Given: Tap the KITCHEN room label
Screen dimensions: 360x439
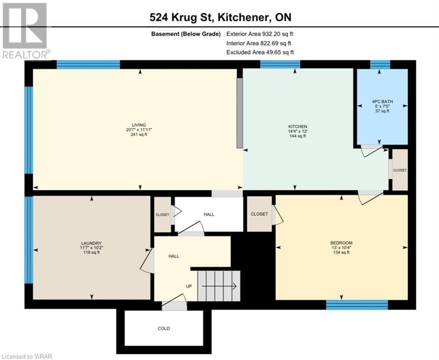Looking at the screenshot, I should pyautogui.click(x=298, y=127).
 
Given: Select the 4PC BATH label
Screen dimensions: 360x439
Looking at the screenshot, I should pyautogui.click(x=382, y=101).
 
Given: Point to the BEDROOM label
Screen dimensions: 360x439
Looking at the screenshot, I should pyautogui.click(x=341, y=243).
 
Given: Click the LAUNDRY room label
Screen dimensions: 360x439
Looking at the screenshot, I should pyautogui.click(x=91, y=243).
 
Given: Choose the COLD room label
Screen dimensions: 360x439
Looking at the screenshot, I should pyautogui.click(x=164, y=329).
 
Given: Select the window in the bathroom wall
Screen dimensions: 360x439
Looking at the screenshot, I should pyautogui.click(x=380, y=65).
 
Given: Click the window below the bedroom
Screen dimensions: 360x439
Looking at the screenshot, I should pyautogui.click(x=357, y=305).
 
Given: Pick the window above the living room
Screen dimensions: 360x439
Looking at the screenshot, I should pyautogui.click(x=88, y=64).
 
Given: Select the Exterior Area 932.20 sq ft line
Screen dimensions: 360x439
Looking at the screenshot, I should pyautogui.click(x=260, y=34).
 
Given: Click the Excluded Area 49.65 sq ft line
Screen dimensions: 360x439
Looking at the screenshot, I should pyautogui.click(x=260, y=52).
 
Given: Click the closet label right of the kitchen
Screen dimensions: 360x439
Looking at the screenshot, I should pyautogui.click(x=400, y=170).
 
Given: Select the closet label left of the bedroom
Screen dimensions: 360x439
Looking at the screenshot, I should pyautogui.click(x=259, y=214).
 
